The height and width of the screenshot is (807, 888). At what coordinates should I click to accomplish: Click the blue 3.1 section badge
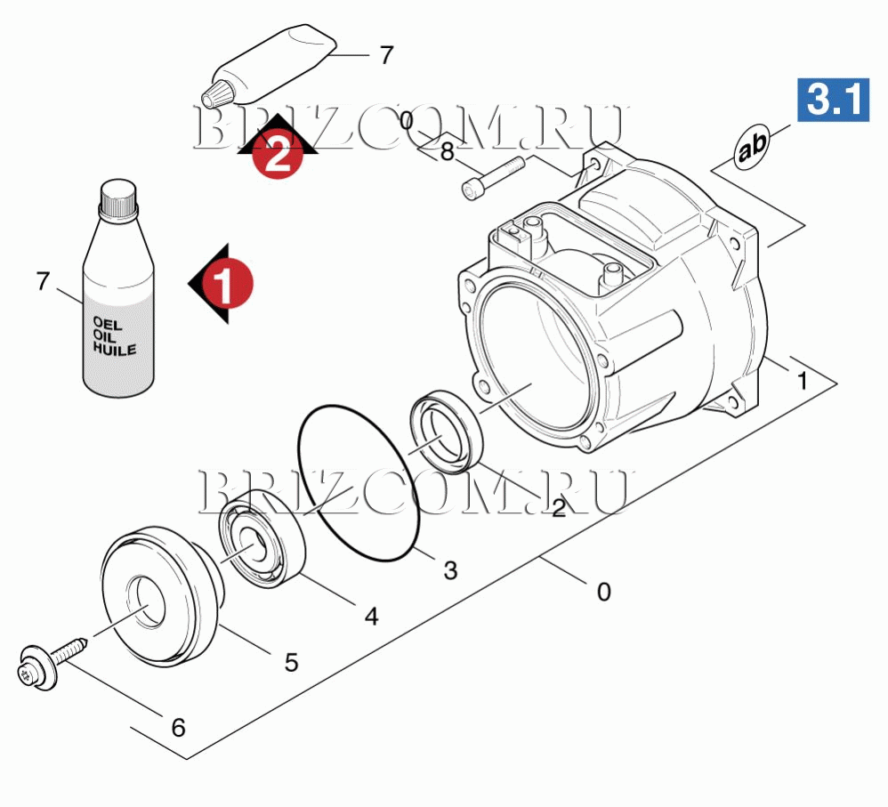(x=833, y=100)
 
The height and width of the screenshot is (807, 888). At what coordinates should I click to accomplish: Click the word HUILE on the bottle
(x=115, y=348)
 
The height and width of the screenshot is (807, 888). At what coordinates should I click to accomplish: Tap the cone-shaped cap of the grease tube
(x=218, y=93)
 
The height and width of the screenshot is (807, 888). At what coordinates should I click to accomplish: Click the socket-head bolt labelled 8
(x=493, y=177)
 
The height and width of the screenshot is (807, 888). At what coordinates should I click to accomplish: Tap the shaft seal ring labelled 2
(x=447, y=431)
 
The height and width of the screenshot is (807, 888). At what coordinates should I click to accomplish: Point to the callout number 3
(x=450, y=570)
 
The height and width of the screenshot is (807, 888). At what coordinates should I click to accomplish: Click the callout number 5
(x=291, y=663)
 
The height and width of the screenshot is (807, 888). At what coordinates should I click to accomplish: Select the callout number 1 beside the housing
(x=802, y=381)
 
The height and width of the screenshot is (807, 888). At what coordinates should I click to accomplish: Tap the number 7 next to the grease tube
(x=386, y=55)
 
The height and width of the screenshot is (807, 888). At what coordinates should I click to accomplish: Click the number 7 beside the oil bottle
(x=43, y=281)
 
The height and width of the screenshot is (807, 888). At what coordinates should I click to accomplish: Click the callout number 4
(x=372, y=617)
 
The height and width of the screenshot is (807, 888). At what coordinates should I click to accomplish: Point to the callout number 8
(x=448, y=152)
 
